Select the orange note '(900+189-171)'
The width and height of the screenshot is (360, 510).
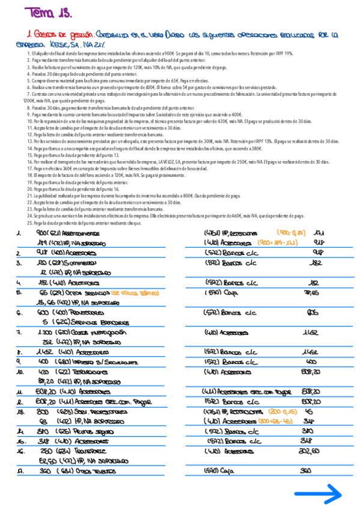(x=281, y=243)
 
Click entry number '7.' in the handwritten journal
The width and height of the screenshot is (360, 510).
(x=19, y=331)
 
